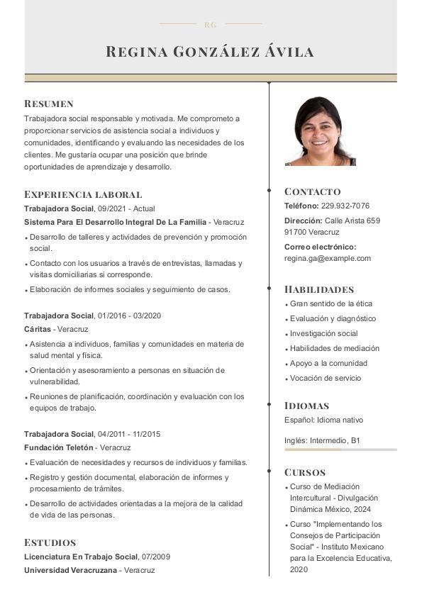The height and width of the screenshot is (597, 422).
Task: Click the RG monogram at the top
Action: point(210,25)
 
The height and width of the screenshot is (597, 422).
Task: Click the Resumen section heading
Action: point(49,104)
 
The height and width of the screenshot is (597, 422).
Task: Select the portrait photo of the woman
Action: point(320,131)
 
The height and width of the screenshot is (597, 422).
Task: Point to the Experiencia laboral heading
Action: point(83,194)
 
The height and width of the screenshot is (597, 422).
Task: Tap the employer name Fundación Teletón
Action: point(59,447)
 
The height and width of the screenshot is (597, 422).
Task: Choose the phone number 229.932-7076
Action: point(345,206)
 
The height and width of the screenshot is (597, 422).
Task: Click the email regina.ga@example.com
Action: point(328,258)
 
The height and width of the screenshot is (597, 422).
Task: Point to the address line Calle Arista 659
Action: point(352,221)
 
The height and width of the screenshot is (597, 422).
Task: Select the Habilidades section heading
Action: point(319,289)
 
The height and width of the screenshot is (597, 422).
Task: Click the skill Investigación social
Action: point(324,333)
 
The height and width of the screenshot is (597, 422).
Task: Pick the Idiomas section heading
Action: point(307,406)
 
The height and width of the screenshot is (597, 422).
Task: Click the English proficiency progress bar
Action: point(340,450)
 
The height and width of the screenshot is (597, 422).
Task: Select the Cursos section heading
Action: point(305,472)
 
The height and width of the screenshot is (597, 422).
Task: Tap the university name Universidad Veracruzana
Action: point(70,570)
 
